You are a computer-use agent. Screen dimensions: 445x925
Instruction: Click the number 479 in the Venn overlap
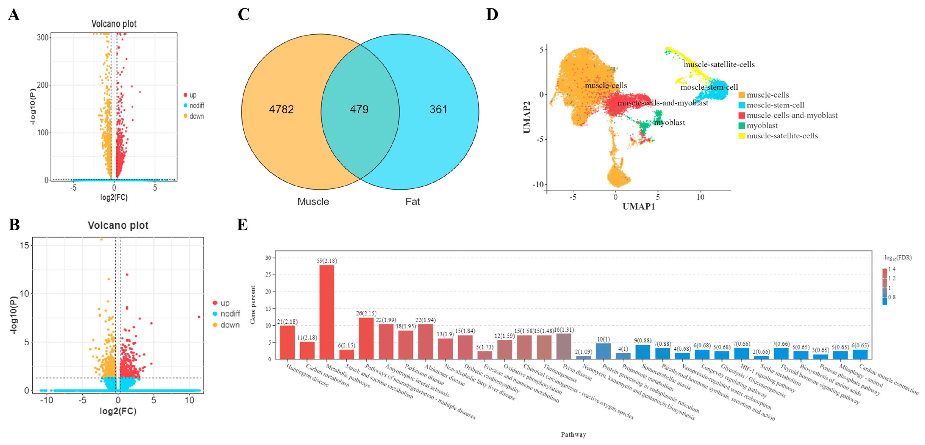click(x=359, y=109)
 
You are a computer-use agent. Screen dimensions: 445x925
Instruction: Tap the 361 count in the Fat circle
click(x=438, y=109)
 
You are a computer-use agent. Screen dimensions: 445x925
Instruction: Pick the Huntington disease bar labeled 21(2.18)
click(x=287, y=342)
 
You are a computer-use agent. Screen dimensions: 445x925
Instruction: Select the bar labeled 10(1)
click(x=603, y=351)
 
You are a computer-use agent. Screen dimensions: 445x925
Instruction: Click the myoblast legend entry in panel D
click(x=762, y=126)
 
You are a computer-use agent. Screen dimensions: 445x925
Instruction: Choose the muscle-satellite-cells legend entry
click(x=782, y=136)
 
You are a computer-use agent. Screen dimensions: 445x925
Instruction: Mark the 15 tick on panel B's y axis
click(x=24, y=246)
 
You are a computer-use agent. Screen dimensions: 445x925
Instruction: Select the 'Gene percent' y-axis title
click(x=253, y=305)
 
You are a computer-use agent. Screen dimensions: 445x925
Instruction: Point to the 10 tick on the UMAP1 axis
click(x=700, y=197)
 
